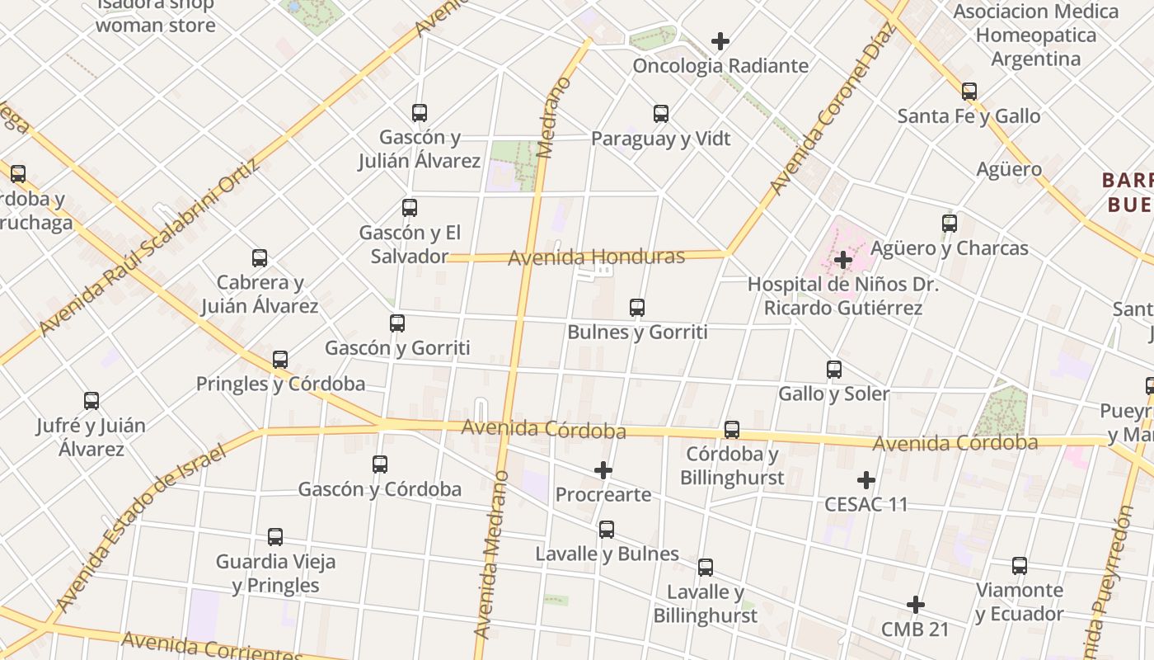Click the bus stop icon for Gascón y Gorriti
point(397,323)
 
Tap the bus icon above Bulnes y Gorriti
point(637,308)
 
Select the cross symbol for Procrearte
point(603,470)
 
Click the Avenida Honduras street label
point(596,257)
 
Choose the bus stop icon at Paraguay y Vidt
point(661,114)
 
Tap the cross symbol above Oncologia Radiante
point(720,41)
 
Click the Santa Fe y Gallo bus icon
point(969,92)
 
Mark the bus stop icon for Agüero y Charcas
point(950,224)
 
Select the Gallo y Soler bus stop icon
point(834,369)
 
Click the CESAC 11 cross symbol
point(866,479)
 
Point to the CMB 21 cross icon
point(915,605)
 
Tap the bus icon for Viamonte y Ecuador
point(1020,566)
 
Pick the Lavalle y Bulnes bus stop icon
point(607,530)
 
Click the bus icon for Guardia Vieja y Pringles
point(275,537)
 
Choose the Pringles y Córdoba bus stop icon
point(280,360)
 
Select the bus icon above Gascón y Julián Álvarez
point(420,113)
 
